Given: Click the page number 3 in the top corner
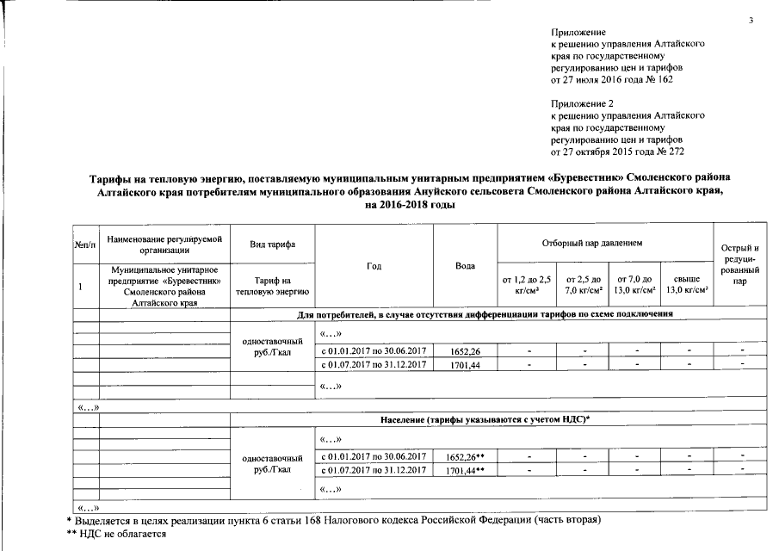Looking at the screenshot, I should (751, 20).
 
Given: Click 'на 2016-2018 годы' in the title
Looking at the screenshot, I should (411, 206).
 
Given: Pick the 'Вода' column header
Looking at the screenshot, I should (465, 266).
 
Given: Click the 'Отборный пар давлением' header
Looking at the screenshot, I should (604, 245).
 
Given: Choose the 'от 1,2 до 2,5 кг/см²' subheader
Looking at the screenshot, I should (526, 285).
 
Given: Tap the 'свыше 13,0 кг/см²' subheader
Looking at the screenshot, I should (686, 285).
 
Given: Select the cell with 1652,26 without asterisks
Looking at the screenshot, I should (465, 350).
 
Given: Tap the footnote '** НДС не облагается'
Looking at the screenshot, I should (116, 535).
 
